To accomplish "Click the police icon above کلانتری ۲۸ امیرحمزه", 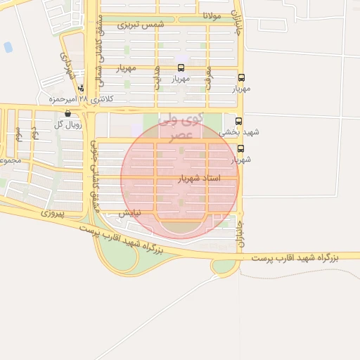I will pos(82,89).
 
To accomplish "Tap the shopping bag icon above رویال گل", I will pos(67,113).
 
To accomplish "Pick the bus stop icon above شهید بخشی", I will pos(238,121).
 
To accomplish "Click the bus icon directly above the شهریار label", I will pos(241,148).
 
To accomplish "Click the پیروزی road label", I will pos(52,212).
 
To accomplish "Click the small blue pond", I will pos(8,48).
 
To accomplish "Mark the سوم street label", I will pos(19,131).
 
